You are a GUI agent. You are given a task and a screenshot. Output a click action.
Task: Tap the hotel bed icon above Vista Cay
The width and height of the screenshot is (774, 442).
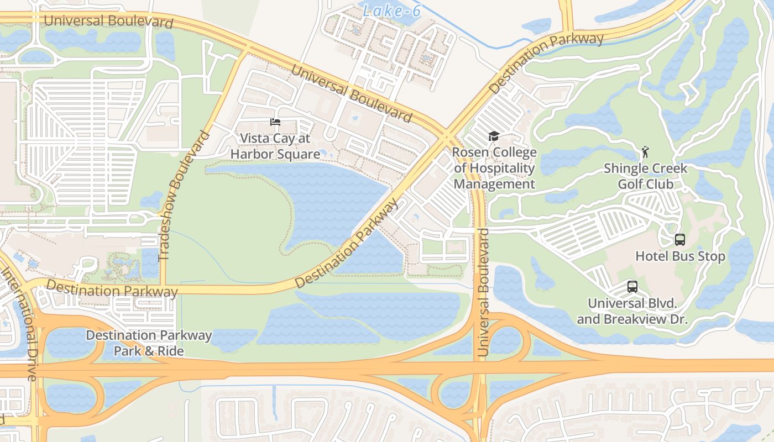(275, 122)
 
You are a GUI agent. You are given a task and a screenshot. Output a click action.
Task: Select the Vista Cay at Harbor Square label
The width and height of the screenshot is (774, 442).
(275, 146)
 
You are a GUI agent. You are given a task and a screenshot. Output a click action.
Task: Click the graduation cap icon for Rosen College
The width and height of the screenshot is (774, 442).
(494, 136)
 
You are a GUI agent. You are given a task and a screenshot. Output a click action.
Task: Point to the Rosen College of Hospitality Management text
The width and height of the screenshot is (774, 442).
(494, 168)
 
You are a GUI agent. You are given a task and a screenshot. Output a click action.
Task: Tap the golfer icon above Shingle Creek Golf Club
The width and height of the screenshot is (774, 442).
(645, 151)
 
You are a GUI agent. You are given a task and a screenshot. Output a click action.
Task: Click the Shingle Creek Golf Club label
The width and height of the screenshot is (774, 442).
(645, 176)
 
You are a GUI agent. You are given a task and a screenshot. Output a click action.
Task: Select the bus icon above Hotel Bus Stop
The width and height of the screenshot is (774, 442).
(679, 240)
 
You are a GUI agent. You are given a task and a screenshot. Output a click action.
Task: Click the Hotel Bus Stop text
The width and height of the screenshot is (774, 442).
(679, 256)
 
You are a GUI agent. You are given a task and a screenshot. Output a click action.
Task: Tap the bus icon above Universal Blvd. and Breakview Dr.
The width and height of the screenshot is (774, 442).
(632, 287)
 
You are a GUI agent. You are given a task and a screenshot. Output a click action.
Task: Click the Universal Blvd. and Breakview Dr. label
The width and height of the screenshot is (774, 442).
(632, 311)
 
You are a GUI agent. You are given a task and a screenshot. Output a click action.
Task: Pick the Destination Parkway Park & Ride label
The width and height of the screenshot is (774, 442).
(149, 343)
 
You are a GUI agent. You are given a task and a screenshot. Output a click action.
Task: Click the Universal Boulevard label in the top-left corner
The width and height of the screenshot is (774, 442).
(108, 22)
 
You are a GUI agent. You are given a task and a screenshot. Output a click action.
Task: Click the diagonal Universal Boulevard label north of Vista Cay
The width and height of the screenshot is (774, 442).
(351, 93)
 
